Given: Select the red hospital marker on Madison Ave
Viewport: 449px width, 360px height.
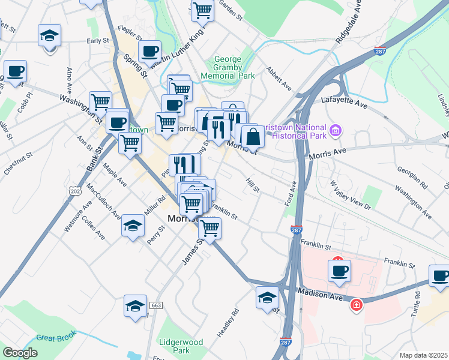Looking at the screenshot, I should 357,305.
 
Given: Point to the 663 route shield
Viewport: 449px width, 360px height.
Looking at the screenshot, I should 157,305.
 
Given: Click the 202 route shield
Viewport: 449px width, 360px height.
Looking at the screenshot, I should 75,191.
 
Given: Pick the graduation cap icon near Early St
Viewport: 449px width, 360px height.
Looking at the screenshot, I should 49,35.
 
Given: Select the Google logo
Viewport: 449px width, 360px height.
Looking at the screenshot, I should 20,353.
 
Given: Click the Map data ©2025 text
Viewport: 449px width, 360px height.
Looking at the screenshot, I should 423,355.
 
